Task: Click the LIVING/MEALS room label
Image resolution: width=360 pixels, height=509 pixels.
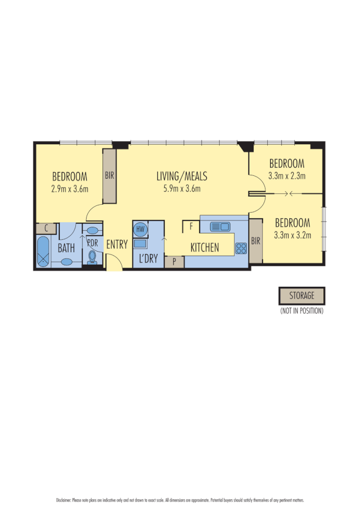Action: click(x=182, y=176)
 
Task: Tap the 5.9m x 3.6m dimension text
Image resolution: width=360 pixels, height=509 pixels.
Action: click(x=182, y=189)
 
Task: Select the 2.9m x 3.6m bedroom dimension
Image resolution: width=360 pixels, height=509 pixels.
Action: click(x=70, y=189)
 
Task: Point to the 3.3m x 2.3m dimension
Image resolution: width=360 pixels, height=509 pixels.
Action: click(x=286, y=175)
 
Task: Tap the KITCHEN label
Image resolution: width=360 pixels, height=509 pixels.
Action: click(x=204, y=247)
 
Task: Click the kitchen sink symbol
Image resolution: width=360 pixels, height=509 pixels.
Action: click(x=220, y=227)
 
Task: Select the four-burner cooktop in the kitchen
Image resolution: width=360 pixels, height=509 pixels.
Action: click(x=241, y=247)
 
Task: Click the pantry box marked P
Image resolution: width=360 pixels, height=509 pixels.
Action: click(x=174, y=262)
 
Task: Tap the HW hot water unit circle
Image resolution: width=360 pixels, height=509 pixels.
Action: click(x=140, y=229)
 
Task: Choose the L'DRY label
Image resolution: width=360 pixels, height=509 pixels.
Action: click(x=148, y=260)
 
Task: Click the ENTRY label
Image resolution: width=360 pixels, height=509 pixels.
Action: click(x=117, y=245)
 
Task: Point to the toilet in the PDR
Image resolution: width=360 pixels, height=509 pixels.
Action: click(x=92, y=257)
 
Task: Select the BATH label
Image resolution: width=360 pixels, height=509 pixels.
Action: click(x=66, y=248)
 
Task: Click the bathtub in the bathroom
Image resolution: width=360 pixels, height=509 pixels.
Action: click(x=44, y=252)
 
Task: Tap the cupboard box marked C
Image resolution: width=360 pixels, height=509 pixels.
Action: click(x=46, y=229)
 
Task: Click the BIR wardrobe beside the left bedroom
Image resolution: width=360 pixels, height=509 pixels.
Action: click(x=109, y=176)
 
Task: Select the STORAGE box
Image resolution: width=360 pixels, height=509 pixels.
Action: click(x=302, y=296)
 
